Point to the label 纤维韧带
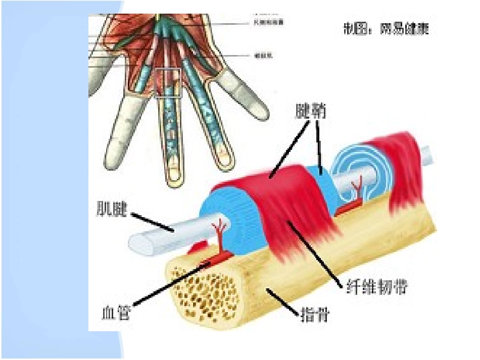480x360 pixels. (x=376, y=287)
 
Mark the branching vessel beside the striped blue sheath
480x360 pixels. (x=220, y=232)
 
